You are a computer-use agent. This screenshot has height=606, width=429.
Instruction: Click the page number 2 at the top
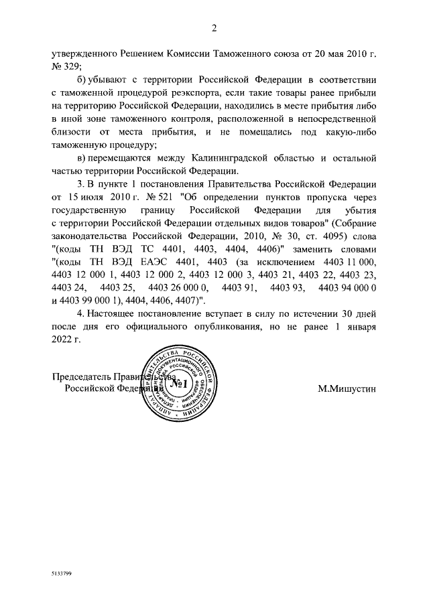click(214, 27)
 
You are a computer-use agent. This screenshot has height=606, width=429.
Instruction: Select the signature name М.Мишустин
click(347, 388)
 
